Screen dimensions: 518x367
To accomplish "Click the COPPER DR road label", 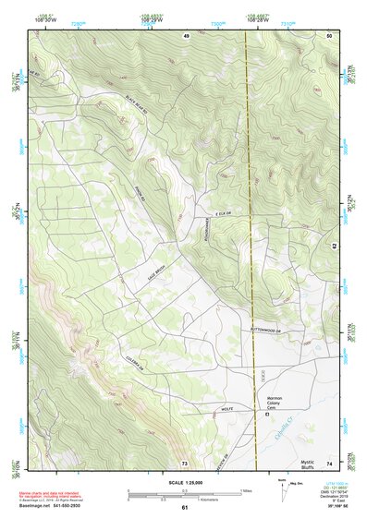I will tap(137, 364).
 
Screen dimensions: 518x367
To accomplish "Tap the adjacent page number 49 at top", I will tap(186, 34).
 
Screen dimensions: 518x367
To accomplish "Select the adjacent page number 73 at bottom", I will tap(185, 463).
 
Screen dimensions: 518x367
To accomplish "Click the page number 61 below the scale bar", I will tap(185, 507).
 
